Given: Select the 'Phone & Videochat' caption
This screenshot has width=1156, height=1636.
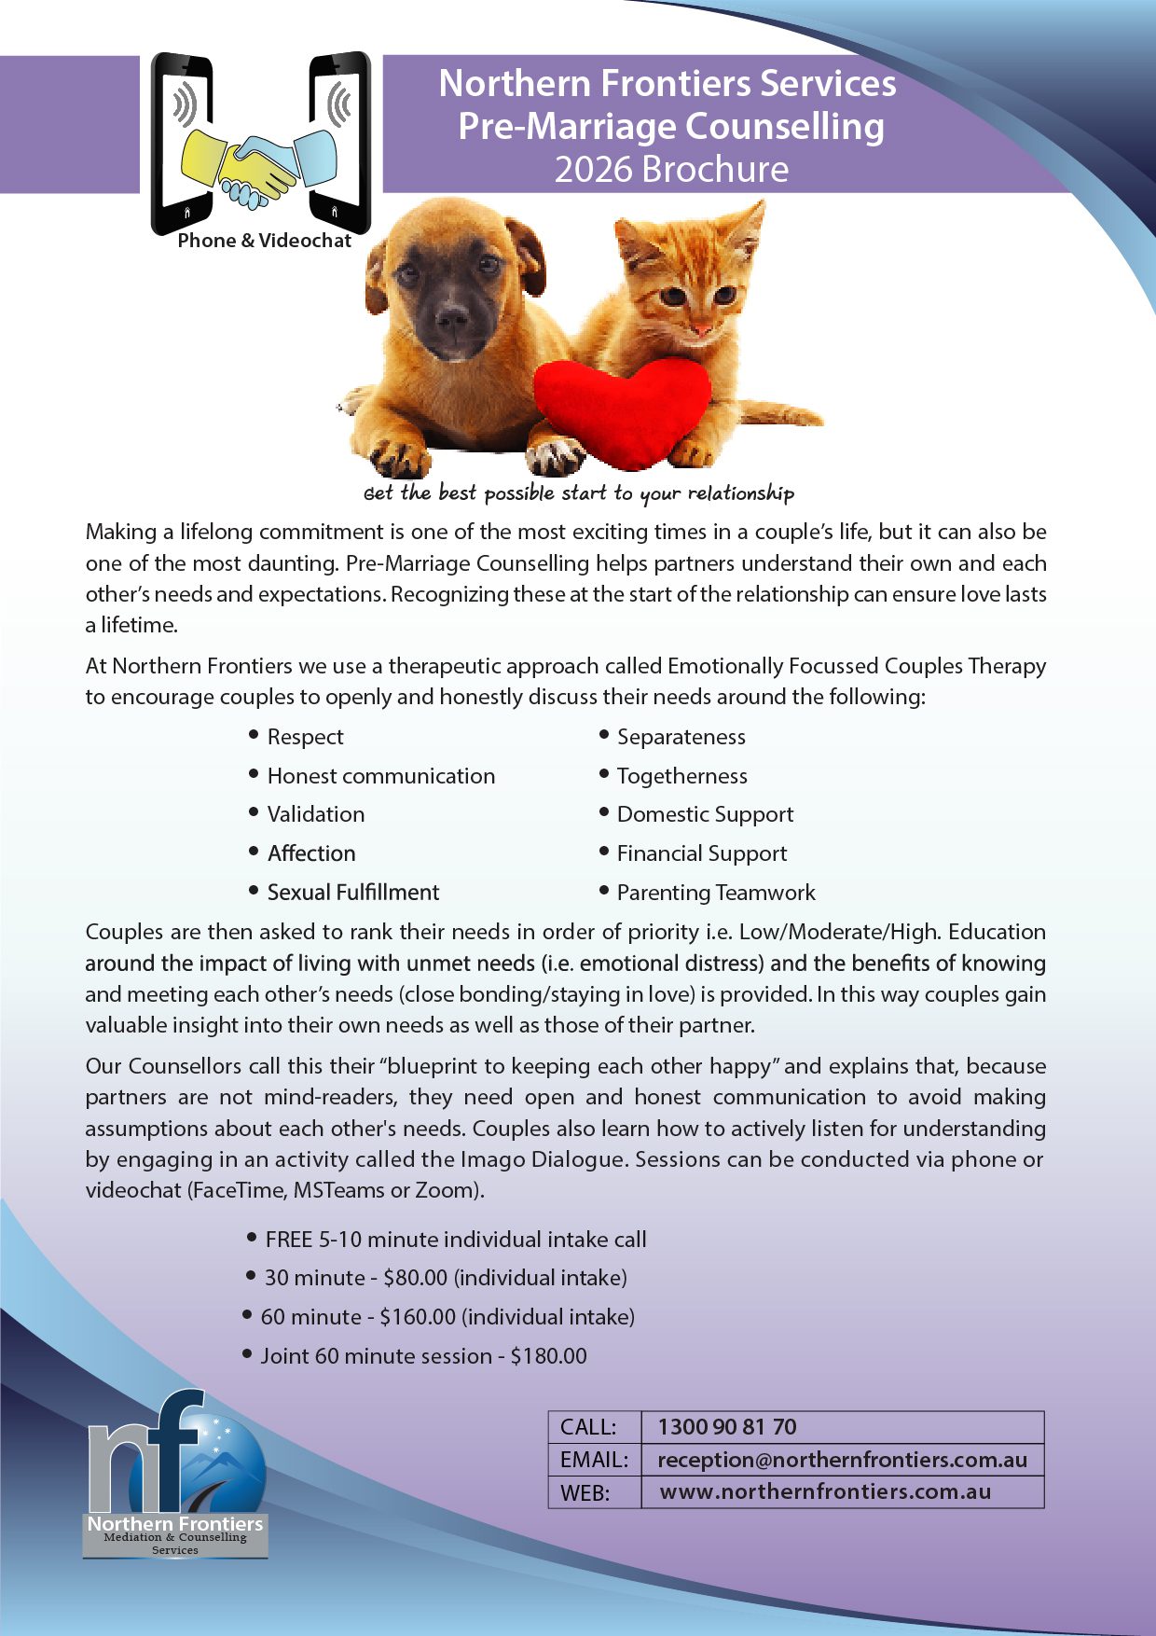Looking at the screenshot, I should point(264,241).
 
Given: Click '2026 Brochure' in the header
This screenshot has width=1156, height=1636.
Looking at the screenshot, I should point(671,170).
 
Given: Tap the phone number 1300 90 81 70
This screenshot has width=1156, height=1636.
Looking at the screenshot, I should point(727,1427).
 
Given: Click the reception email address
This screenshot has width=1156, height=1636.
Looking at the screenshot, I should point(842,1460).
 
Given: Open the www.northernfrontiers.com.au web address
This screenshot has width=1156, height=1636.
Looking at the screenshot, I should point(825,1491).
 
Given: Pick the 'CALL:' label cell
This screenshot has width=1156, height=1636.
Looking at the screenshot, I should point(588,1427).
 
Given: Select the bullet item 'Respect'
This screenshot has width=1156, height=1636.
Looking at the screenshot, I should point(305,737).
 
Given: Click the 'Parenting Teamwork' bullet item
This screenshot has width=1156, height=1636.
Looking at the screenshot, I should point(716,893).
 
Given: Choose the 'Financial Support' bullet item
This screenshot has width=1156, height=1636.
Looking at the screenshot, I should point(702,853).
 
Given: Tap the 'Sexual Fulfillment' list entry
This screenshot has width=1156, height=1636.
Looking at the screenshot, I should point(353,893).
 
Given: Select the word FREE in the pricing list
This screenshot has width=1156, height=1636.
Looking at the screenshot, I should point(289,1240).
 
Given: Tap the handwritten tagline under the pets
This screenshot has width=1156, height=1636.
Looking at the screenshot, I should point(579,493).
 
